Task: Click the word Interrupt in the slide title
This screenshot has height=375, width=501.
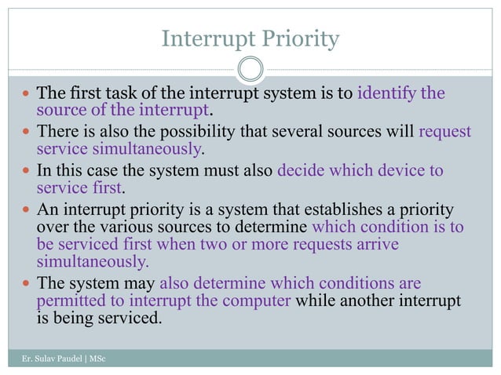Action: point(196,38)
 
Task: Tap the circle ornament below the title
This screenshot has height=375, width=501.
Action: point(251,69)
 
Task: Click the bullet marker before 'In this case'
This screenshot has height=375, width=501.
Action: point(25,170)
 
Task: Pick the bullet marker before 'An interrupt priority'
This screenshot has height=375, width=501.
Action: point(25,209)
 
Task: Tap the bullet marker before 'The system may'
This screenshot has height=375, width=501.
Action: point(25,283)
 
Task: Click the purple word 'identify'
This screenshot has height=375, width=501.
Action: point(386,94)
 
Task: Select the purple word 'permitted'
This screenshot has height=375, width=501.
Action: point(69,301)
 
